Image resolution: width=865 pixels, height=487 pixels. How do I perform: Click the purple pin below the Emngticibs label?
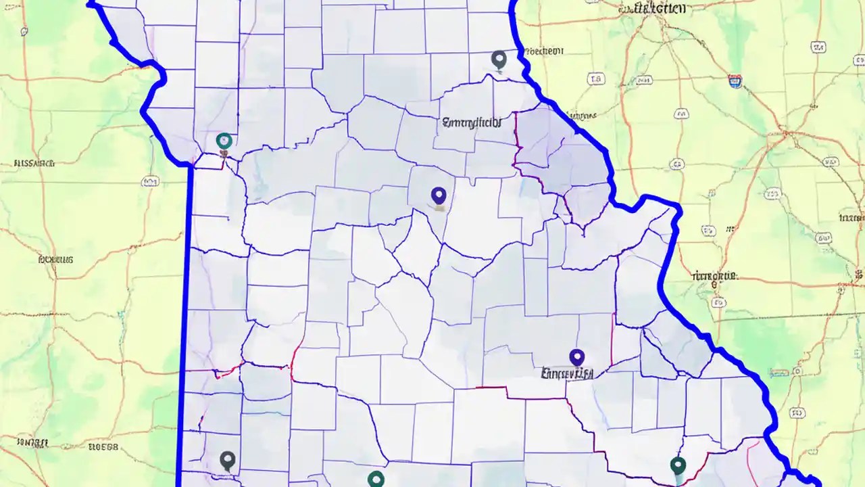439,196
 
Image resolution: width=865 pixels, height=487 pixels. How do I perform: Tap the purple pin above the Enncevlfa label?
576,356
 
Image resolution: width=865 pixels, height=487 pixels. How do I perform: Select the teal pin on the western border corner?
224,141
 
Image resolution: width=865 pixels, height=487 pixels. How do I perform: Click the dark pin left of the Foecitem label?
499,60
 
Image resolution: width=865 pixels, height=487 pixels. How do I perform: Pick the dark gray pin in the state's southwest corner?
227,461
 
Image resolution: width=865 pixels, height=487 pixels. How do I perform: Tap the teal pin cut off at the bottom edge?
376,480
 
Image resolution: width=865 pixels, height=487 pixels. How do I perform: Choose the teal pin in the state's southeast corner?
678,465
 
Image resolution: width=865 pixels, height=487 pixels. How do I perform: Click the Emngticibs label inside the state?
472,123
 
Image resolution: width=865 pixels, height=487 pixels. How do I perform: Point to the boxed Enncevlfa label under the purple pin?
568,373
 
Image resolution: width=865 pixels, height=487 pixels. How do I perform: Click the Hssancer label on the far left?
34,163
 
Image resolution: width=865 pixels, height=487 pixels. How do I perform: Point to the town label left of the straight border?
55,259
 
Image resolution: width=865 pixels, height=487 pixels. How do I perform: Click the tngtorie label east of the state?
715,276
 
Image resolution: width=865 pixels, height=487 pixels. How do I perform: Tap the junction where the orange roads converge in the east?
784,129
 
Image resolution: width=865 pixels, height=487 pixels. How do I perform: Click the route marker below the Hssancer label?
150,181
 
